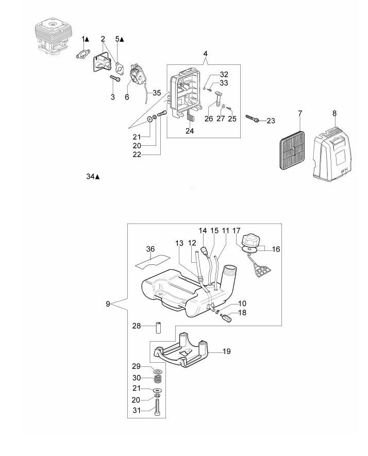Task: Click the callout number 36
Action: click(x=150, y=249)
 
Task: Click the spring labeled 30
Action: click(x=158, y=379)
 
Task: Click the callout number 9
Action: click(x=108, y=305)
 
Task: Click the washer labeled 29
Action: click(x=158, y=370)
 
